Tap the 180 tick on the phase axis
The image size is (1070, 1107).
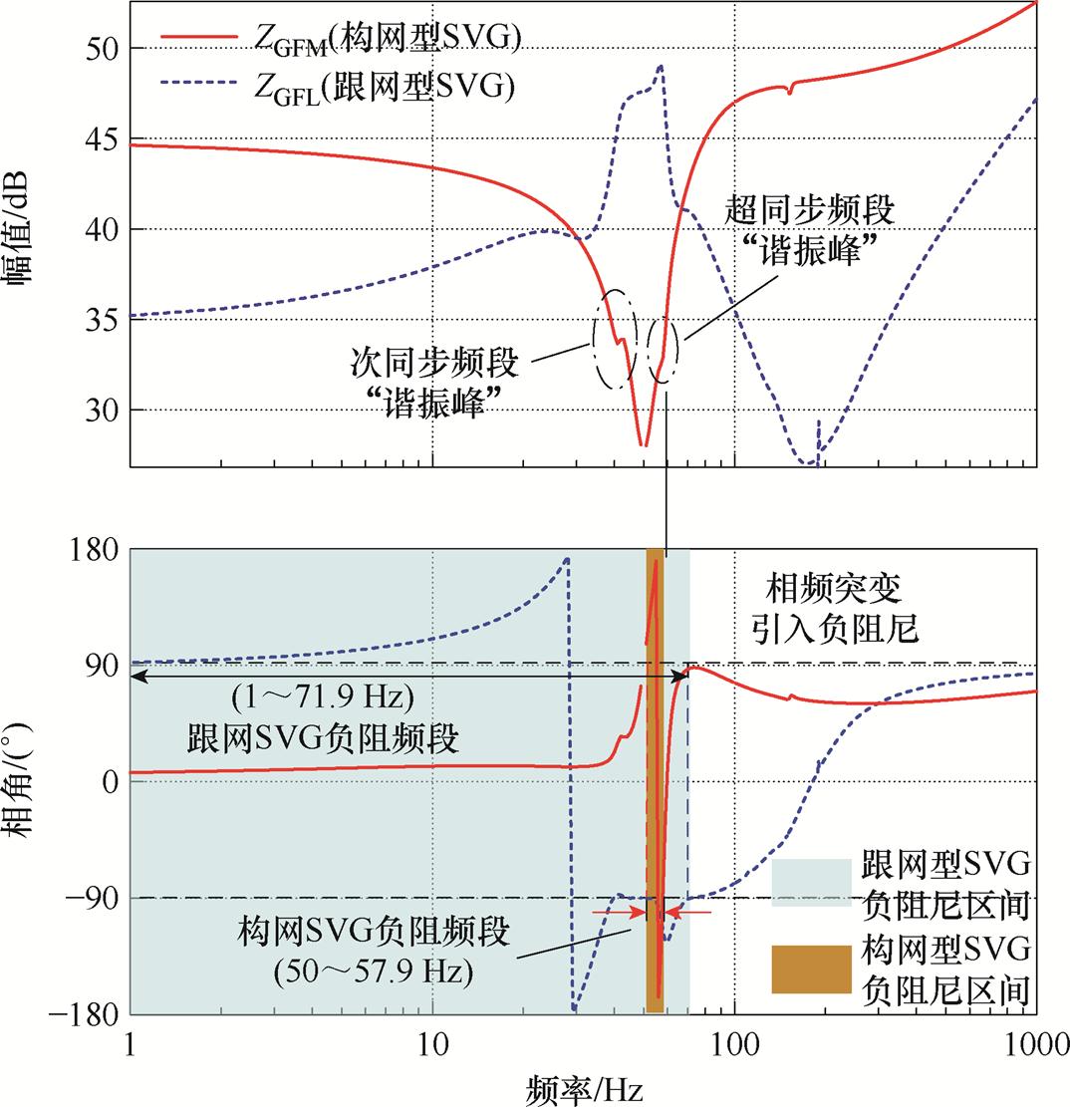91,549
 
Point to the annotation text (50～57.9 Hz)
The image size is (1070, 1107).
374,969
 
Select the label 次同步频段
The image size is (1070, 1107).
435,363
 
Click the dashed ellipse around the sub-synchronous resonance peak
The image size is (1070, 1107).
614,339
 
